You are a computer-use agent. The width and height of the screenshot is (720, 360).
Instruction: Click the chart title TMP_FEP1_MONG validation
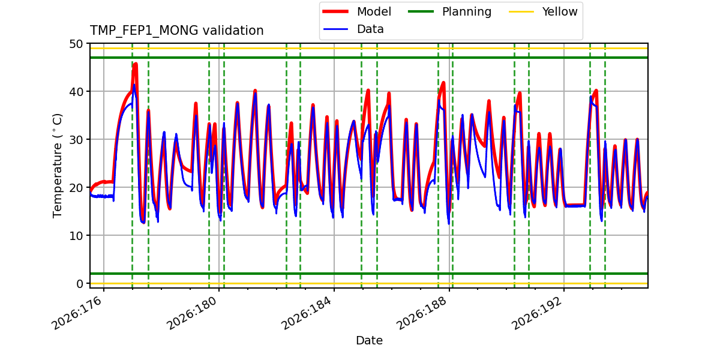coord(176,31)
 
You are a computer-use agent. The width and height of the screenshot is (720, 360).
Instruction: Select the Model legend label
coord(374,11)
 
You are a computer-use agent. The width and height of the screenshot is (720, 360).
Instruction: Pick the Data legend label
coord(370,29)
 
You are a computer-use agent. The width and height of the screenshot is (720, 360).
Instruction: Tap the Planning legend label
coord(467,12)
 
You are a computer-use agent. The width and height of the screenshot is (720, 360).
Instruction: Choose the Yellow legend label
coord(560,11)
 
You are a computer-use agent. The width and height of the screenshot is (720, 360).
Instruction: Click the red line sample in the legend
coord(335,11)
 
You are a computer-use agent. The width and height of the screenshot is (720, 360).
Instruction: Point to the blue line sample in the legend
coord(335,29)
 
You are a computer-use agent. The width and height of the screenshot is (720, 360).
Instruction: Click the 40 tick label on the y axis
coord(76,92)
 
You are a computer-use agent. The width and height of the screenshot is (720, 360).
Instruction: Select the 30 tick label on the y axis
coord(76,140)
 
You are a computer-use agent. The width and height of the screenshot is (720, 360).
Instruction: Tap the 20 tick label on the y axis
coord(76,188)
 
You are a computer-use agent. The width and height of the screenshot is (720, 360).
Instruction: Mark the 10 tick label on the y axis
coord(76,236)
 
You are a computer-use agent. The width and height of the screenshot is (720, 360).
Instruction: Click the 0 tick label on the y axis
coord(79,284)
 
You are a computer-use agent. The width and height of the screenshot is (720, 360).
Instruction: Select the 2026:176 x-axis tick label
coord(77,313)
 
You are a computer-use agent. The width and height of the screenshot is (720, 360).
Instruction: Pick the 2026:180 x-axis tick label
coord(193,313)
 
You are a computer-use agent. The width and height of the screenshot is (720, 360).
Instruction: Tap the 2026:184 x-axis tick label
coord(307,313)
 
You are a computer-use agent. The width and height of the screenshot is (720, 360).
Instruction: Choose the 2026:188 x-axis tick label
coord(422,313)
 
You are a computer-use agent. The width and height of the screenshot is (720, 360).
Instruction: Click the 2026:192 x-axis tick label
coord(537,313)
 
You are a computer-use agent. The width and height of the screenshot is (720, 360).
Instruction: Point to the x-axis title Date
coord(369,340)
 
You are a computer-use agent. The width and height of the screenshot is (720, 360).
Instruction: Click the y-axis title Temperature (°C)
coord(57,166)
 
